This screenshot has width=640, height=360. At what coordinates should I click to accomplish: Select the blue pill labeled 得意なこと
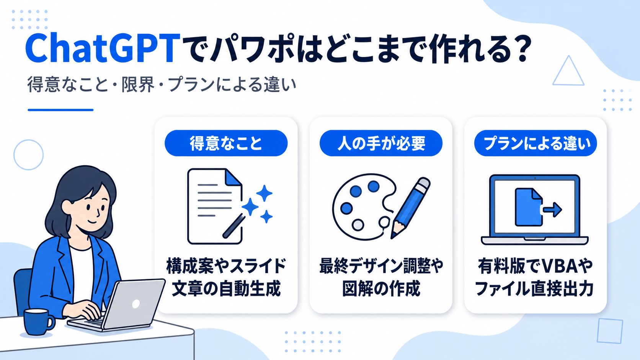tap(226, 143)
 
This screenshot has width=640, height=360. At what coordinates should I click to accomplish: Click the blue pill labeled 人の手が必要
tap(381, 143)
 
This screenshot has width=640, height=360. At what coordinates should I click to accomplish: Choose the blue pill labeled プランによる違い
tap(536, 143)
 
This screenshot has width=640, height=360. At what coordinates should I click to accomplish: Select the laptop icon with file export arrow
tap(535, 210)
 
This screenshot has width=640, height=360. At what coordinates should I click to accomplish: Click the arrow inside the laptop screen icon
tap(553, 210)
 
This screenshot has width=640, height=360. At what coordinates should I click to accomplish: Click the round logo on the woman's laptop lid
tap(136, 304)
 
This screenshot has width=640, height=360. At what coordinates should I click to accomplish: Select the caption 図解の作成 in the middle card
tap(381, 288)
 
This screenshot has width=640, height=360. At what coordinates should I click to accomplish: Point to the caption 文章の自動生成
tap(226, 288)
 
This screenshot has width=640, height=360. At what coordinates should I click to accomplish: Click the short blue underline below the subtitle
tap(60, 110)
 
